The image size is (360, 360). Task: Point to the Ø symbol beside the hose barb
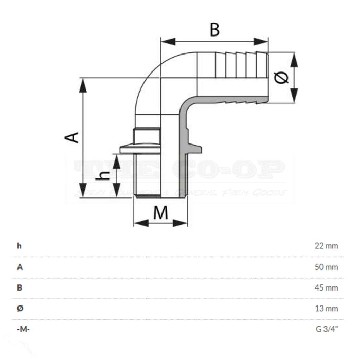click(281, 78)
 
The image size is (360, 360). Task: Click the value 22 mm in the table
click(327, 246)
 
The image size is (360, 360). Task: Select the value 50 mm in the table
click(327, 267)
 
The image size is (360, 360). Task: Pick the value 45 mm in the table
click(327, 287)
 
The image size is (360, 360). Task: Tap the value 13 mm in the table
click(327, 309)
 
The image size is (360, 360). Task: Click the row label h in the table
click(19, 246)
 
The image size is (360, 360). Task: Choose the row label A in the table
click(20, 267)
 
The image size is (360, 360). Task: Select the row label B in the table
click(20, 287)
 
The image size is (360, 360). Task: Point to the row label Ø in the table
click(20, 309)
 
